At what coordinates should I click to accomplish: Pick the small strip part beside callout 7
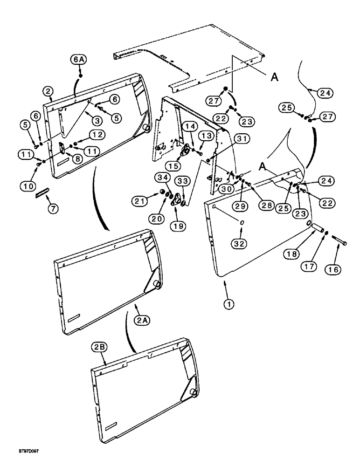click(42, 192)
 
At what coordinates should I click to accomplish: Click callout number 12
click(97, 134)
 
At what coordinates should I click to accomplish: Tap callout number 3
click(96, 120)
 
